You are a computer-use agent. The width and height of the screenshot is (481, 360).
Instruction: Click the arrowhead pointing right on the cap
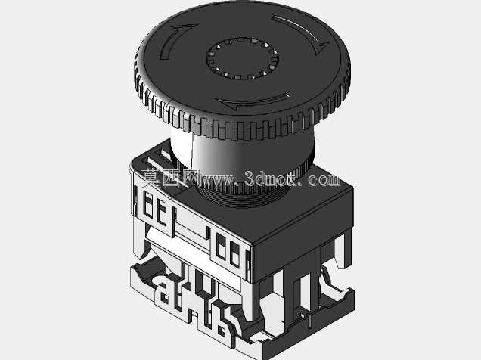pyautogui.click(x=190, y=27)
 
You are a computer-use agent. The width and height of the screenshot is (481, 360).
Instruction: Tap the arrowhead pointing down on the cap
pyautogui.click(x=322, y=48)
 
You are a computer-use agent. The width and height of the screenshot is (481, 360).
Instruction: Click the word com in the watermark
pyautogui.click(x=324, y=179)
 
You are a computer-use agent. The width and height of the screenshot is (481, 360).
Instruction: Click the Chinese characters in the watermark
pyautogui.click(x=168, y=177)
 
